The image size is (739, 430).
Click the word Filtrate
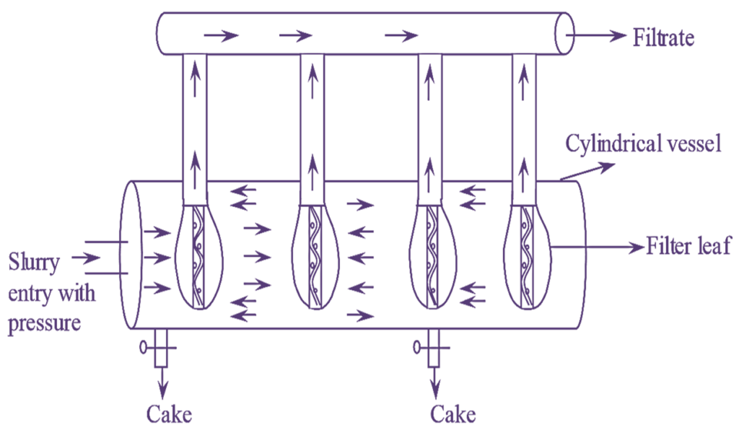click(663, 38)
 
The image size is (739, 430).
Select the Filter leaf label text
click(689, 247)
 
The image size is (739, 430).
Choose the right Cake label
click(453, 413)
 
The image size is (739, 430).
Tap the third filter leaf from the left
click(432, 256)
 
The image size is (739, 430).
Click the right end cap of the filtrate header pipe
click(565, 33)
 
